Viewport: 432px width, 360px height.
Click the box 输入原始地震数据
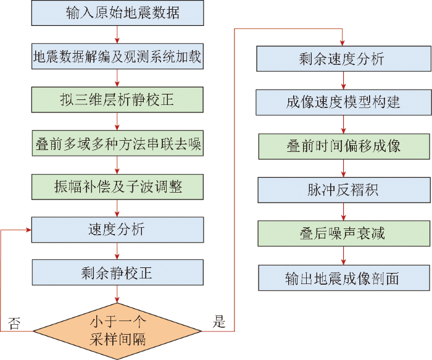tap(117, 13)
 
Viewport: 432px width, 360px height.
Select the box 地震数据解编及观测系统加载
tap(117, 57)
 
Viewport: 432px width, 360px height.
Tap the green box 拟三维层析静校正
tap(117, 99)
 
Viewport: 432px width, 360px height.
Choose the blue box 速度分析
tap(117, 229)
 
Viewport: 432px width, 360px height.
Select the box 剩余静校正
tap(117, 272)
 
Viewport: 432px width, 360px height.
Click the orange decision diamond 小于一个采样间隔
tap(117, 330)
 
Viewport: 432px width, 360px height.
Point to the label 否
tap(14, 322)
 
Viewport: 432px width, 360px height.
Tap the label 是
tap(219, 322)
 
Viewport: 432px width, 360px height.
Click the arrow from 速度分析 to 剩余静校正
tap(117, 251)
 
